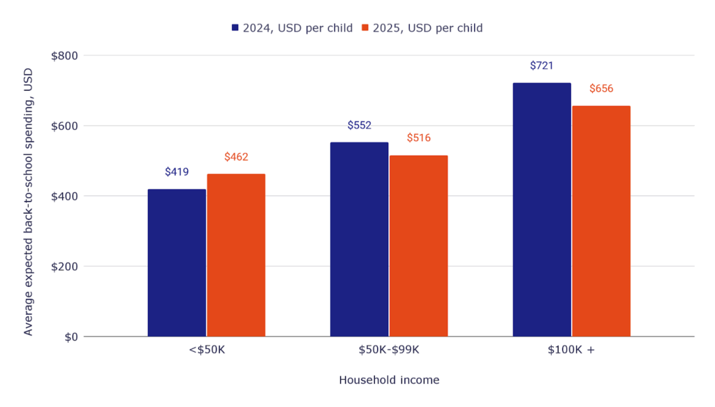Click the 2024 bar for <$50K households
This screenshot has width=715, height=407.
(177, 263)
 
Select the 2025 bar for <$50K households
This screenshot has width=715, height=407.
(236, 256)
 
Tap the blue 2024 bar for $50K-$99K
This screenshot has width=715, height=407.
(359, 239)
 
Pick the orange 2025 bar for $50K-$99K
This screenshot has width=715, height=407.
(418, 246)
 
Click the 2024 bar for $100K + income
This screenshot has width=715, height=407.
(542, 210)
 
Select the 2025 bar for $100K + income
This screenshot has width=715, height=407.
(601, 221)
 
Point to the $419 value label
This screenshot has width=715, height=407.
(177, 172)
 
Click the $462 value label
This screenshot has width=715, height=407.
(236, 157)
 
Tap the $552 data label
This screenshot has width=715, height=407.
(359, 126)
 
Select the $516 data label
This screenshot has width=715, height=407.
(418, 138)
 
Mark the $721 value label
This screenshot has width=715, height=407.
(542, 66)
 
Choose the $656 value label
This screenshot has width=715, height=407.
(601, 89)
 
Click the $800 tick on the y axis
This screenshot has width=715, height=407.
(64, 56)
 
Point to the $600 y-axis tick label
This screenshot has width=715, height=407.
(64, 126)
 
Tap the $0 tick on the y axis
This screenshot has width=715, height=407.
(71, 337)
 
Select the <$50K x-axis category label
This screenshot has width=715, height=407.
(206, 350)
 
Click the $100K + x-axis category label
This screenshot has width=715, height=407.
(571, 350)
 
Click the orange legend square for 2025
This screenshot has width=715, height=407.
(364, 28)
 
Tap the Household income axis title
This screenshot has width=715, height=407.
(389, 380)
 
